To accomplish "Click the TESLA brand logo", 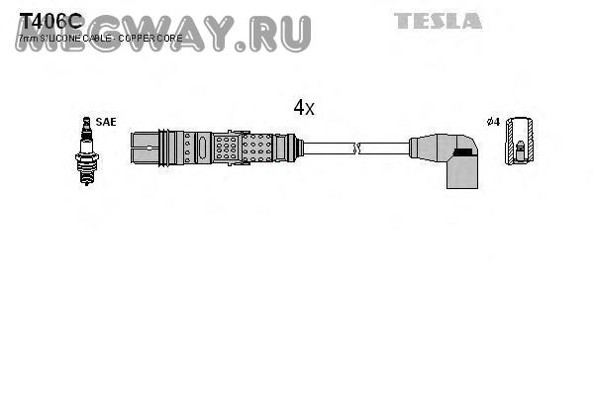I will (439, 20).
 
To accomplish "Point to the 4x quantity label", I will (303, 108).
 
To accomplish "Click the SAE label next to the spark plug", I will (106, 121).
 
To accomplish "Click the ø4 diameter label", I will (492, 121).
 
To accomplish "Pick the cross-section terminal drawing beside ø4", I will (517, 148).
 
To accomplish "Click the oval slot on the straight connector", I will (203, 148).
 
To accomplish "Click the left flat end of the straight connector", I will (133, 148).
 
